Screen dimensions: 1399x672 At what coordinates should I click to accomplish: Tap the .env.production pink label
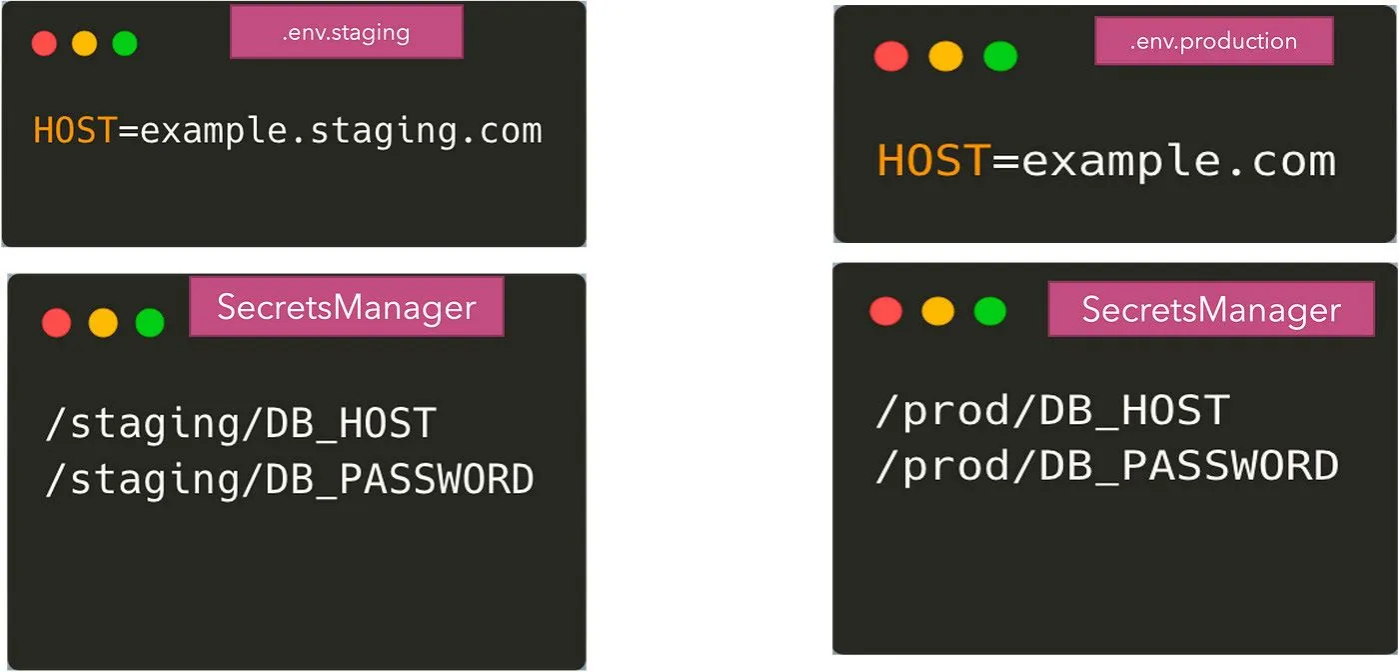point(1213,42)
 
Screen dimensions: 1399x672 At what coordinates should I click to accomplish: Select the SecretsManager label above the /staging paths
point(346,307)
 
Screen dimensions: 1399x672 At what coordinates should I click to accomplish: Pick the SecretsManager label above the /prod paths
point(1210,309)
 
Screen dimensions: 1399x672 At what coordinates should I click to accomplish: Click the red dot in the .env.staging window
point(44,43)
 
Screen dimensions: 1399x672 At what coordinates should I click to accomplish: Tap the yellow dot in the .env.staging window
point(84,43)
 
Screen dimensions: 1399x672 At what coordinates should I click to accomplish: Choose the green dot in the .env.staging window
point(124,43)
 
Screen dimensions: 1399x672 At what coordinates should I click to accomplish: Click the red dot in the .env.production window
point(890,56)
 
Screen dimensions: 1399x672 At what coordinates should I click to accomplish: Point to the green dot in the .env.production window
point(999,56)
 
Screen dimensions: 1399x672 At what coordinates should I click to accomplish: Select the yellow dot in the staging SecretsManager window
point(103,322)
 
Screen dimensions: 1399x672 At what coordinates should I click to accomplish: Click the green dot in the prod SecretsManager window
point(990,311)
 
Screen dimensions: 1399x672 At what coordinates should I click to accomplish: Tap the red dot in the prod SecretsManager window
point(885,311)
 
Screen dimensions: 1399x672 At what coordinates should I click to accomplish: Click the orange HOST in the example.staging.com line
point(75,131)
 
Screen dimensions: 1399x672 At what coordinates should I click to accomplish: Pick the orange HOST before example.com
point(933,161)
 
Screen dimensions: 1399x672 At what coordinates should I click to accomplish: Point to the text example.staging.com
point(341,131)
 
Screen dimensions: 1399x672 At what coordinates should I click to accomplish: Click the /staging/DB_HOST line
point(241,424)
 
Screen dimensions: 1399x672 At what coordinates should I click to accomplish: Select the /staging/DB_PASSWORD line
point(290,480)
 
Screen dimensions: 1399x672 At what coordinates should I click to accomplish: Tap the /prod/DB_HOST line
point(1051,411)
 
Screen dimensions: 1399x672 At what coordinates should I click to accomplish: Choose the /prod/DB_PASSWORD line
point(1106,466)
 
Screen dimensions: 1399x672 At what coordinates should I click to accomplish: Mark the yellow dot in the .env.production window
point(944,56)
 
